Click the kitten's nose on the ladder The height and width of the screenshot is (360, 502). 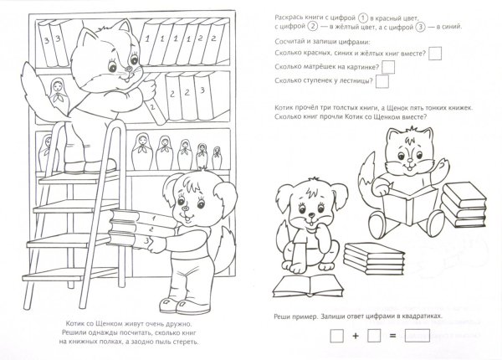[x=128, y=69]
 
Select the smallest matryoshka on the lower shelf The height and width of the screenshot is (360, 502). [x=217, y=157]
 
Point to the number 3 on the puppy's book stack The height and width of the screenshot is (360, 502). [x=147, y=241]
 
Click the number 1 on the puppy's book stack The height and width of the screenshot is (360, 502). [x=154, y=219]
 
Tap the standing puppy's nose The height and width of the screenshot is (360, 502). [x=184, y=208]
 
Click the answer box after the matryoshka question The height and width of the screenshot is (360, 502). [x=388, y=67]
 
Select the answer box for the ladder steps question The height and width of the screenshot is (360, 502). [x=382, y=81]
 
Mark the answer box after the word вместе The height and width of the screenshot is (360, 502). [x=435, y=54]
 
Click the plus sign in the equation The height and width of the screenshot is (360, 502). [x=356, y=336]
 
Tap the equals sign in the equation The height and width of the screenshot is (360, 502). [x=392, y=336]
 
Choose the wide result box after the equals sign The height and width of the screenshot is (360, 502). [x=417, y=336]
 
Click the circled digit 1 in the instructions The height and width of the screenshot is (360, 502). [x=362, y=18]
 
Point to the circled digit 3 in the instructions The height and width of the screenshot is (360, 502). [x=420, y=27]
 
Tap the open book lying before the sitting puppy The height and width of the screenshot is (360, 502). [x=308, y=286]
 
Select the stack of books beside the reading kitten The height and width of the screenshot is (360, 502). [x=464, y=205]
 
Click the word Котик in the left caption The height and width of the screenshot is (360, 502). [x=75, y=324]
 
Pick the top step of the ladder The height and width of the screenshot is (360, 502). [x=80, y=177]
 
